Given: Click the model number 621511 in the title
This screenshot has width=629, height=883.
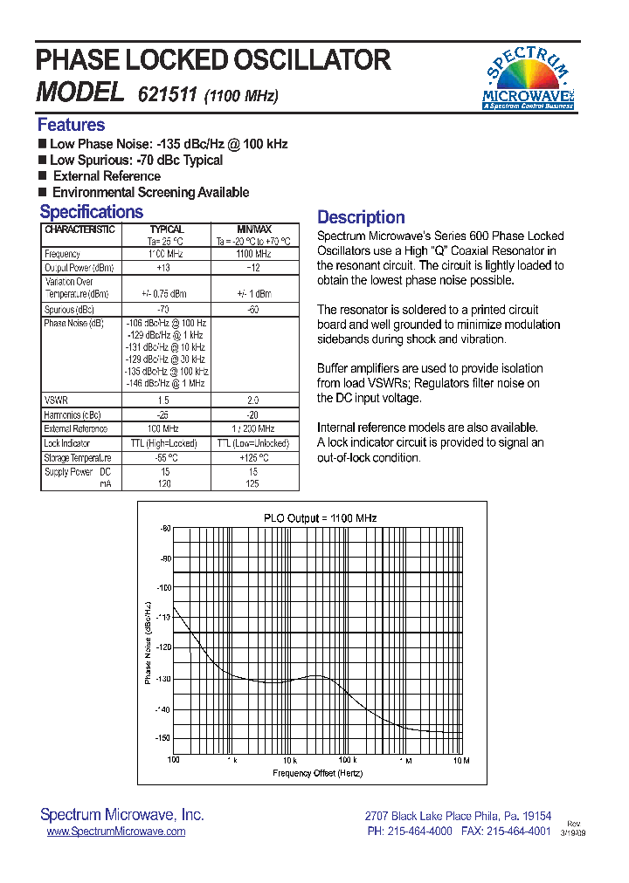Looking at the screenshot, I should tap(167, 95).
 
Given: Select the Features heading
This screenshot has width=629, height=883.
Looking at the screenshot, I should tap(71, 125).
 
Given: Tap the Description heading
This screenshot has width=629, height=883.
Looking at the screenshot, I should tap(360, 217).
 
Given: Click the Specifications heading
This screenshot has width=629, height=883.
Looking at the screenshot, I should tap(91, 212).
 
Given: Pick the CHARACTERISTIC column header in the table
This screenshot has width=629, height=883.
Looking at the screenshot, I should tap(79, 229).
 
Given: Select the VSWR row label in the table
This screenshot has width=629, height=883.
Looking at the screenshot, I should tap(55, 400).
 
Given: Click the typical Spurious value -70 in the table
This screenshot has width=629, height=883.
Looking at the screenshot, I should tap(162, 310).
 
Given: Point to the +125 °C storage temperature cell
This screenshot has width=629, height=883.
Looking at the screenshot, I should tap(254, 457).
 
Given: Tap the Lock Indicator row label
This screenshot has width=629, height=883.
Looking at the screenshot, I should tap(67, 443).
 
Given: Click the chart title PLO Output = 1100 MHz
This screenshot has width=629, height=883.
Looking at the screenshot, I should tap(320, 518).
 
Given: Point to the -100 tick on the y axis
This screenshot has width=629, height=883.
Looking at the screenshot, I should tap(164, 588).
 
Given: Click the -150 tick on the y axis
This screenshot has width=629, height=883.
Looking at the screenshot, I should tap(164, 738).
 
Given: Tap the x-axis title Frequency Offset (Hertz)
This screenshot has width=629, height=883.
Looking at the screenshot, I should tap(317, 773).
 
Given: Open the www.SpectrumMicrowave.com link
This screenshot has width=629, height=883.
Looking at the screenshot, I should tap(115, 832).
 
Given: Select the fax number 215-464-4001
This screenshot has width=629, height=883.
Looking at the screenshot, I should tap(519, 832).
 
